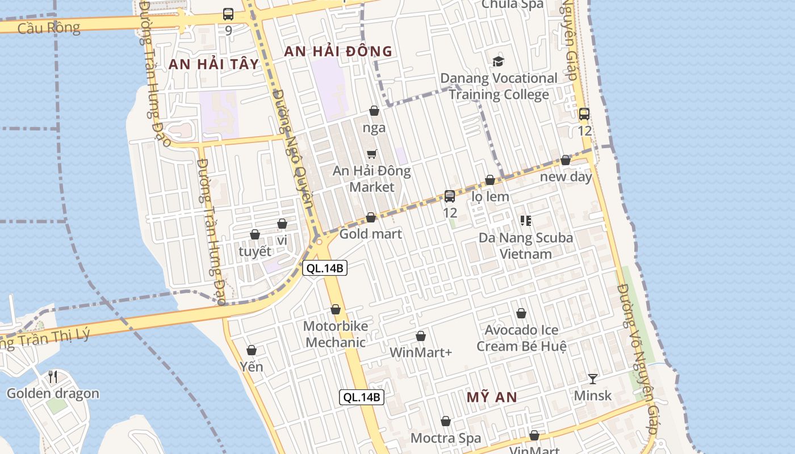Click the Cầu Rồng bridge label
pos(49,27)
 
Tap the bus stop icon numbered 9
pos(228,14)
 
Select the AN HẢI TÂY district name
pos(214,64)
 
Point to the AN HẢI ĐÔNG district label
pos(338,51)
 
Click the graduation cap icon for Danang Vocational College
pos(498,61)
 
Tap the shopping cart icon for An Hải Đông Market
pos(372,154)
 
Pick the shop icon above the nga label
pos(374,111)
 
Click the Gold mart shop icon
pos(371,217)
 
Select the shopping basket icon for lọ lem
pos(490,180)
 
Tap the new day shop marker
pos(566,160)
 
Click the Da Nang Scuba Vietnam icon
pos(525,220)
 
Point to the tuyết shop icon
pos(255,234)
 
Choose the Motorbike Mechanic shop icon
pos(336,309)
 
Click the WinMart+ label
pos(421,352)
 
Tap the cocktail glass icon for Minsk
pos(593,379)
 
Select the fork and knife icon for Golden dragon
pos(52,376)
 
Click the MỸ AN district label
pos(492,397)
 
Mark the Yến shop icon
pos(251,350)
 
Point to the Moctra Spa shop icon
pos(446,421)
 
